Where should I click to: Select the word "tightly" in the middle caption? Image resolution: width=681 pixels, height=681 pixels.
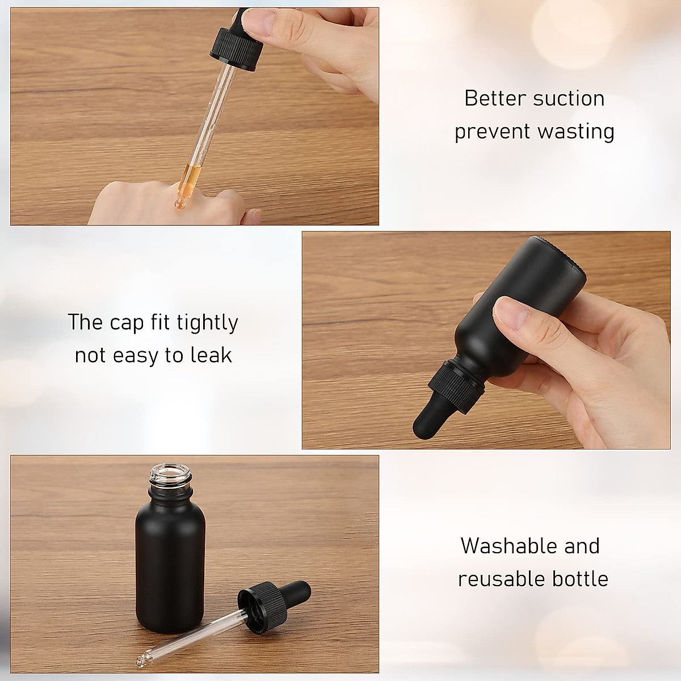(207, 323)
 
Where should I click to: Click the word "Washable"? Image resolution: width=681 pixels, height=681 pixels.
(500, 546)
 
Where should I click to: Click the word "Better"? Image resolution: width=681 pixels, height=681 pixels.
(495, 99)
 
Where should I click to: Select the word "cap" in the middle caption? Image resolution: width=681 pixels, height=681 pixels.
(127, 323)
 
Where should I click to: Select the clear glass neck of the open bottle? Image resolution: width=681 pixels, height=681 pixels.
(170, 480)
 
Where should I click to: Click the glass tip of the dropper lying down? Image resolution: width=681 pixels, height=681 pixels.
(141, 662)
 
